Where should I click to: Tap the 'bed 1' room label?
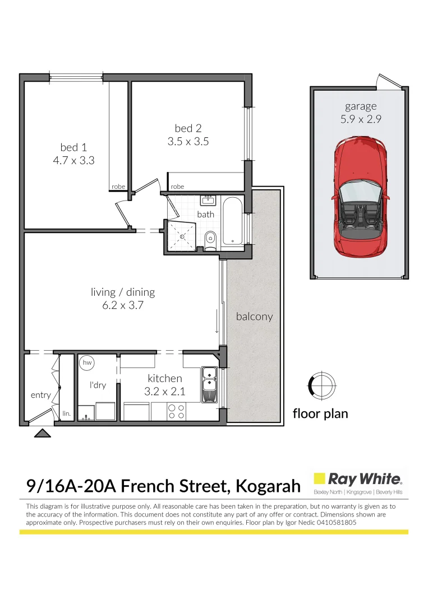[x=73, y=147]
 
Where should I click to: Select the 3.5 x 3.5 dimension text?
[x=188, y=142]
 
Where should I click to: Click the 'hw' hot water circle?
[x=86, y=363]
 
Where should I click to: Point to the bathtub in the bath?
[x=232, y=221]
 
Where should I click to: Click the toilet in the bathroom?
[x=210, y=239]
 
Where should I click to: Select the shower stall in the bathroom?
[x=182, y=235]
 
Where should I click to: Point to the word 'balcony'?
[x=254, y=317]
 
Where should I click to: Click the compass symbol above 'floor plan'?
[x=322, y=385]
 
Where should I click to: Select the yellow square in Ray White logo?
[x=319, y=479]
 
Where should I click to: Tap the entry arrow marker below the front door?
[x=41, y=432]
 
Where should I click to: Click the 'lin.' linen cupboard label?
[x=66, y=413]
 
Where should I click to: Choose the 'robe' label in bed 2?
[x=177, y=187]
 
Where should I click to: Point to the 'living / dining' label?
[x=123, y=292]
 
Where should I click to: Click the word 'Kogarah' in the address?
[x=268, y=485]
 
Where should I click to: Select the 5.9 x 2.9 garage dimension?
[x=361, y=119]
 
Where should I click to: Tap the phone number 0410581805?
[x=334, y=522]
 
